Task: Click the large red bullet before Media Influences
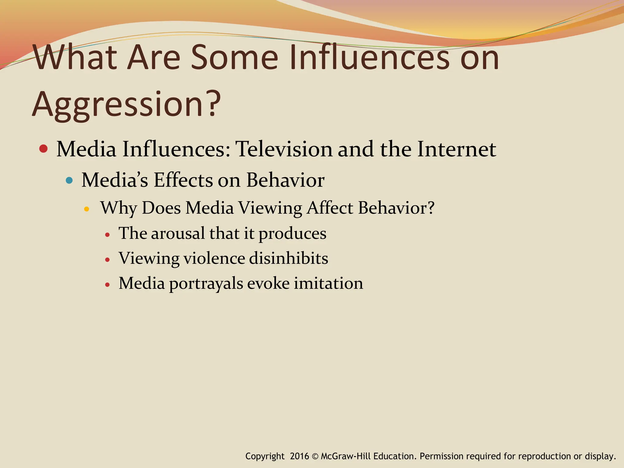[44, 149]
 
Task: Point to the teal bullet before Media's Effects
[69, 180]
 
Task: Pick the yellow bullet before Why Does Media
[87, 209]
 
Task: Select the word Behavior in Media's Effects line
[285, 180]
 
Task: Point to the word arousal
[178, 233]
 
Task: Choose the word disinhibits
[288, 258]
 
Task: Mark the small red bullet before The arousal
[107, 235]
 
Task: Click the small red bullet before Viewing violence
[107, 260]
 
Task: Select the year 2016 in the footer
[299, 456]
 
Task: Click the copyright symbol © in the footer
[315, 456]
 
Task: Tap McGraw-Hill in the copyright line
[346, 456]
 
